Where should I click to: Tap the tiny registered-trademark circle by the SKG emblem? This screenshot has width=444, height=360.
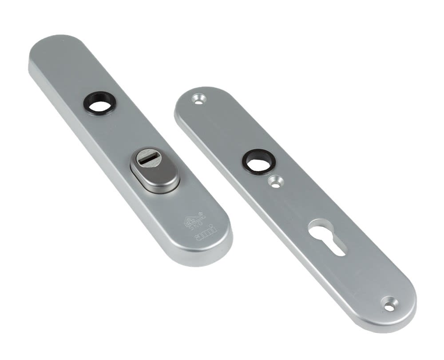click(203, 214)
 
